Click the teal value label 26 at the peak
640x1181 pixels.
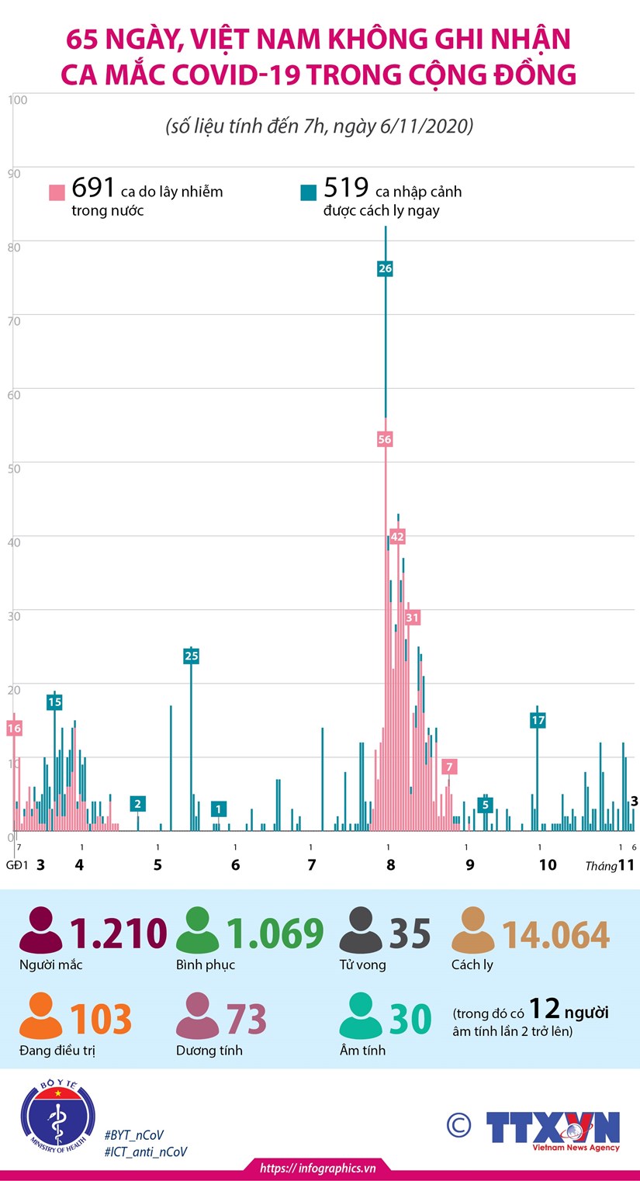point(386,268)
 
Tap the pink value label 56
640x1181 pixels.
point(385,439)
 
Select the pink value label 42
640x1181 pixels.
point(398,536)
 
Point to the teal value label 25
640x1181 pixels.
point(192,656)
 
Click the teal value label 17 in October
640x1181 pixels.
point(538,720)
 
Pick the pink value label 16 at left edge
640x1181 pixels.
point(14,728)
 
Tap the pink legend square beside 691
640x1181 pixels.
point(57,192)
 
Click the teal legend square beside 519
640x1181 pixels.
point(309,192)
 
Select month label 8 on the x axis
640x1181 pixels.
point(391,865)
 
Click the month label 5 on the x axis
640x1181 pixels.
point(157,865)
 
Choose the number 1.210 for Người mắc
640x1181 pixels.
point(119,934)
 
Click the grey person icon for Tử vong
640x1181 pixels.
point(361,931)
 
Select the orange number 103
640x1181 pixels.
point(101,1020)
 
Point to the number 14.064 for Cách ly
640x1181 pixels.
point(555,935)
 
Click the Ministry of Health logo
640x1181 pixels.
point(57,1119)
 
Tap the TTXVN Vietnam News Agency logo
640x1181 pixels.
point(553,1130)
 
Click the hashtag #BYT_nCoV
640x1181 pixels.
point(133,1134)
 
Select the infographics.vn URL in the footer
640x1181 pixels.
point(318,1168)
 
